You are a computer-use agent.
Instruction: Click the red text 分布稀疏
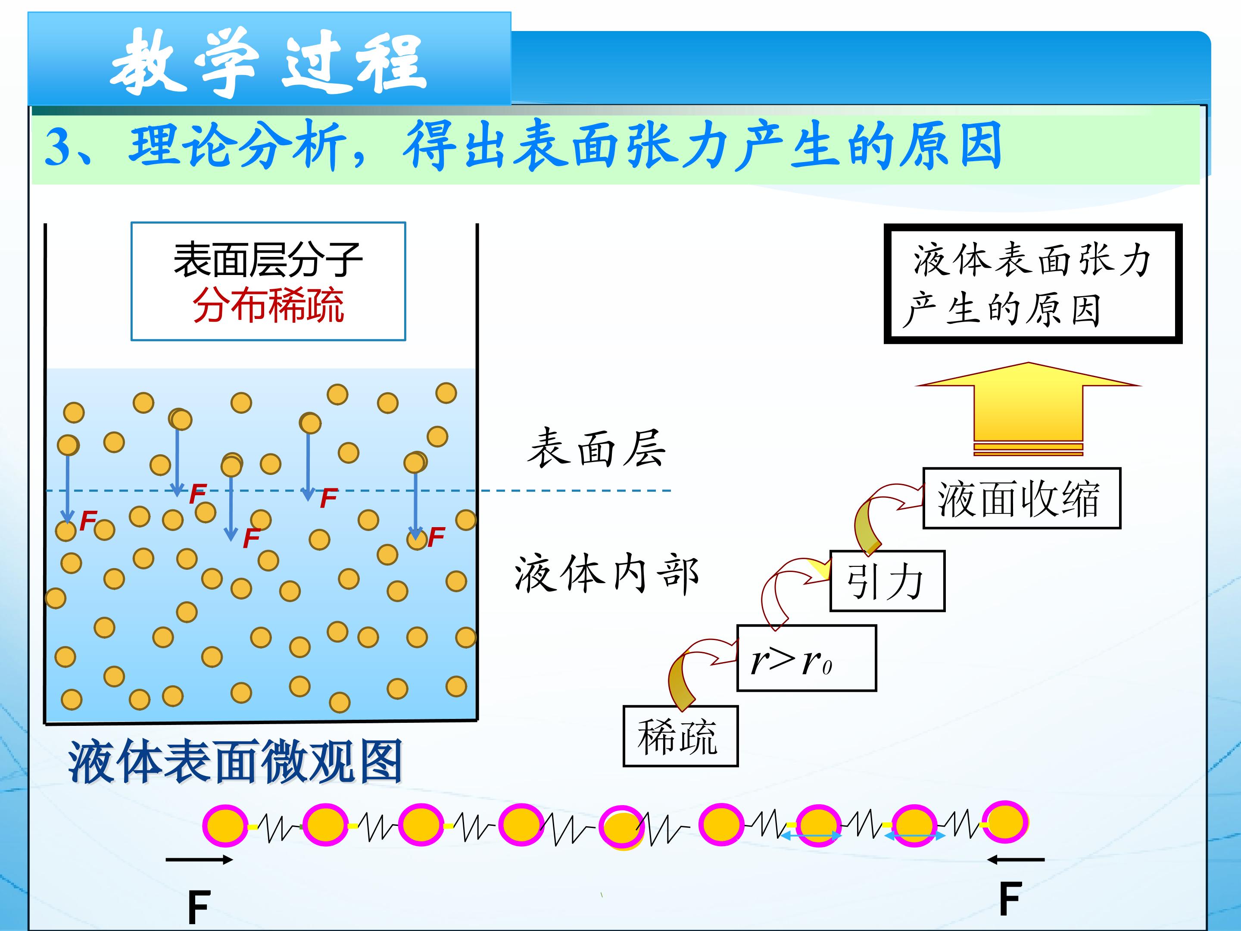pos(268,305)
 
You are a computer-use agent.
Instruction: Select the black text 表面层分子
pos(268,260)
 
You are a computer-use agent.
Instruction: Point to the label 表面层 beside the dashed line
pos(596,448)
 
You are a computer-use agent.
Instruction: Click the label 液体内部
pos(606,574)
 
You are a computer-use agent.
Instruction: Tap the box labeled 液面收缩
pos(1021,498)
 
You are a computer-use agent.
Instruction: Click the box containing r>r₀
pos(806,658)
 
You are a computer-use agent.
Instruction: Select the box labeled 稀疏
pos(680,736)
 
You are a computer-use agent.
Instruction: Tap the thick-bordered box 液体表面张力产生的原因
pos(1033,284)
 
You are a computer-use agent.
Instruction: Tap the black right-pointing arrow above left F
pos(199,859)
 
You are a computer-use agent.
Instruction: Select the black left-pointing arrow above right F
pos(1016,859)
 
